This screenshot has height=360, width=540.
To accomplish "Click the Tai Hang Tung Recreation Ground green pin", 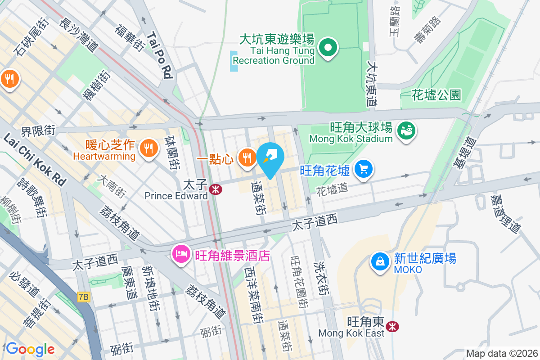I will point(328,48).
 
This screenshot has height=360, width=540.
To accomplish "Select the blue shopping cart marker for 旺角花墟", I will point(364,169).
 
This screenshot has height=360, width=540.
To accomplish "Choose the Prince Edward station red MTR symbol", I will point(216,189).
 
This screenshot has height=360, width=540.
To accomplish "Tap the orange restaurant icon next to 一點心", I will point(247,157).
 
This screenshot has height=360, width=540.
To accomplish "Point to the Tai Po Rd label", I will point(160,55).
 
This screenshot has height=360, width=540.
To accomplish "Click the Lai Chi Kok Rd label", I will point(34,159).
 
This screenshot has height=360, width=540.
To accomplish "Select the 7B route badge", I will point(84,297).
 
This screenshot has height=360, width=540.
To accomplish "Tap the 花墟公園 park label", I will point(436,95).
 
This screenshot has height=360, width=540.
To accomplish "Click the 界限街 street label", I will point(38,130).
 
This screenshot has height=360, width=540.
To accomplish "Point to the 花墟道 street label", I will point(333,188).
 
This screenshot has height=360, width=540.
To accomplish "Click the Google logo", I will point(30,349).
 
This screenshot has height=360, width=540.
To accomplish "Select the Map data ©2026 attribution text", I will point(501,353).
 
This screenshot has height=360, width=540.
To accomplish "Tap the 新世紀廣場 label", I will point(425,258).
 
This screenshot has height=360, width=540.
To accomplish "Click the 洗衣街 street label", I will point(322,279).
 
